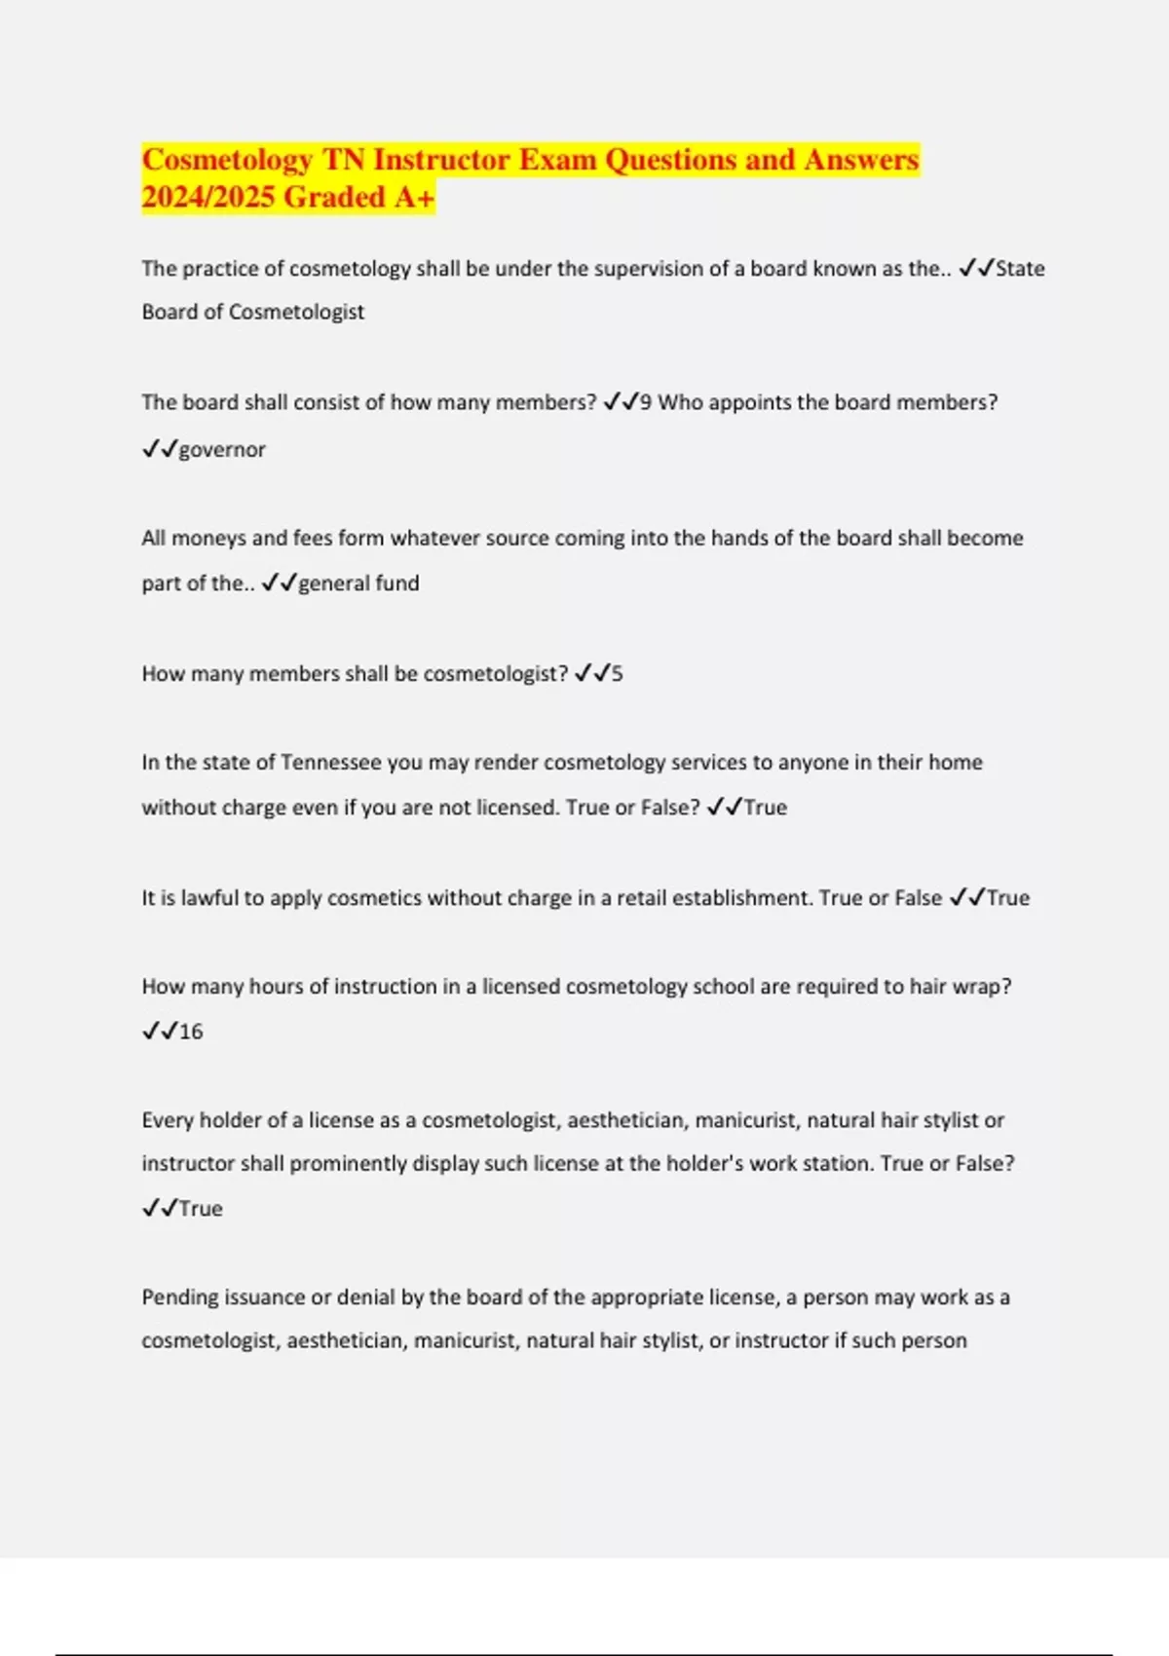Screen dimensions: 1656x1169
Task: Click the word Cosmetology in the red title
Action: tap(227, 160)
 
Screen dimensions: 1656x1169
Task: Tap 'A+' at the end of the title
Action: tap(414, 198)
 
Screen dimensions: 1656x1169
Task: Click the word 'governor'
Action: tap(222, 449)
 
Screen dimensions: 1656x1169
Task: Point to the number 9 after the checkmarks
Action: tap(646, 402)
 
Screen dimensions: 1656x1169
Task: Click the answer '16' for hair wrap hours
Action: tap(191, 1032)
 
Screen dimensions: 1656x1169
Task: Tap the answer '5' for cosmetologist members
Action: tap(617, 674)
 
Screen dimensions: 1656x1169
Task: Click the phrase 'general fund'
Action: tap(358, 583)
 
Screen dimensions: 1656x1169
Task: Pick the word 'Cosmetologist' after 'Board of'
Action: tap(296, 313)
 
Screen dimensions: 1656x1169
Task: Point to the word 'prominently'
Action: tap(342, 1164)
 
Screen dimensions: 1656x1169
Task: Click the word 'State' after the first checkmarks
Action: tap(1019, 269)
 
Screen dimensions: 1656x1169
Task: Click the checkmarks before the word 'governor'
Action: tap(159, 449)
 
